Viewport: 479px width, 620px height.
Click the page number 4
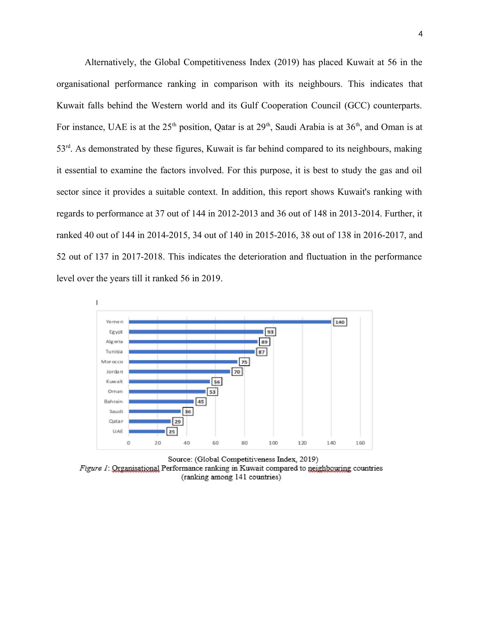420,34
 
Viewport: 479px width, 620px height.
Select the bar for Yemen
230,322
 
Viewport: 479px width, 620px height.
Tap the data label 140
340,322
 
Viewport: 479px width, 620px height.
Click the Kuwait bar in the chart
169,382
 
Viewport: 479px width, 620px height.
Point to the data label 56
217,382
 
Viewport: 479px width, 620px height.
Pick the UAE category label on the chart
118,431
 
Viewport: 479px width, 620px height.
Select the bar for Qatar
150,421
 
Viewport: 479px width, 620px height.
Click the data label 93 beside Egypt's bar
270,332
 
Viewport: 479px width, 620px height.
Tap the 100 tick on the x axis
273,443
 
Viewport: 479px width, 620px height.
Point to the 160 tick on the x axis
360,443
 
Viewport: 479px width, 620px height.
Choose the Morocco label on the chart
112,362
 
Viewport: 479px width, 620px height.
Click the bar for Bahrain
161,401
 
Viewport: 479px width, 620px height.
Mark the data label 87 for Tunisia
261,352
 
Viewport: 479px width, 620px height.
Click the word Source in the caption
180,459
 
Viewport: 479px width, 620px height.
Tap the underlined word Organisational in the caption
136,468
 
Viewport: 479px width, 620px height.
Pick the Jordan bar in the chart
179,372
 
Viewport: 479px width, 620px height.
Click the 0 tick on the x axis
128,443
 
